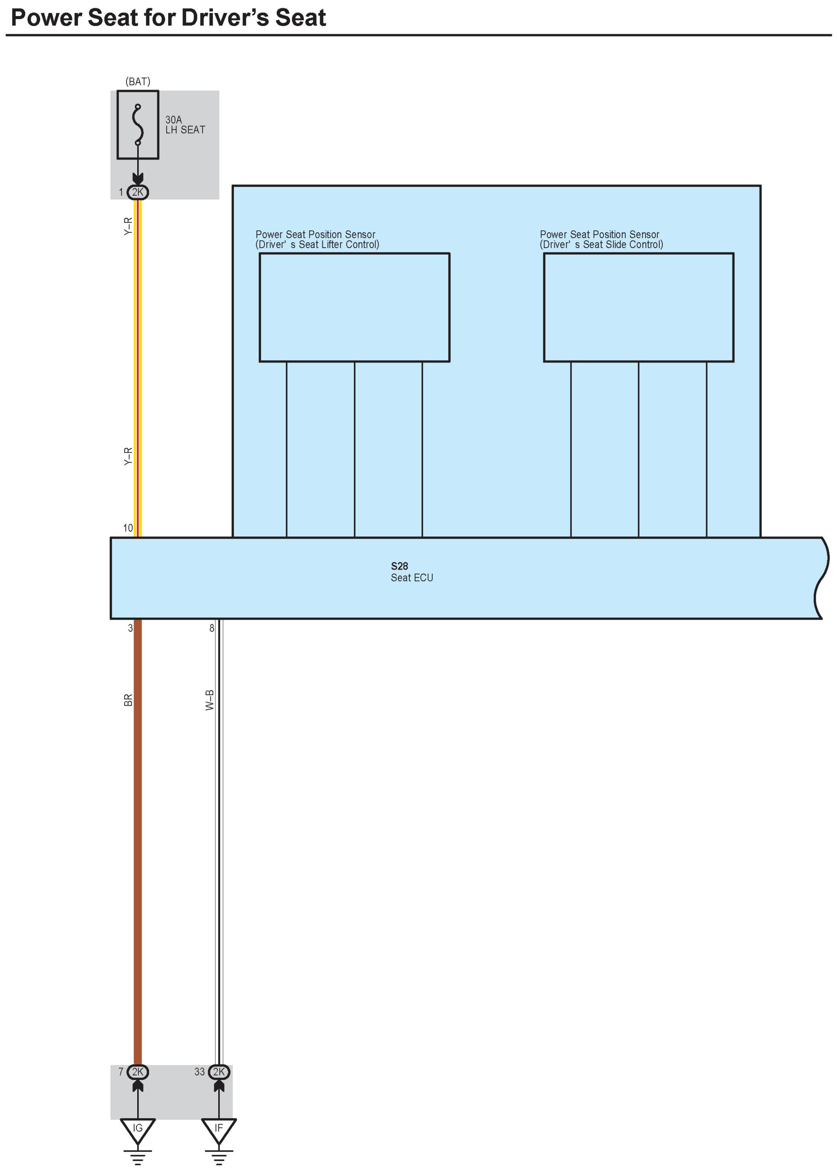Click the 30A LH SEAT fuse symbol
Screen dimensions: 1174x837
[138, 125]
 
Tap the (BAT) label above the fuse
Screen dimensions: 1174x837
[138, 81]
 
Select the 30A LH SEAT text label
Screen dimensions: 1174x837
[184, 125]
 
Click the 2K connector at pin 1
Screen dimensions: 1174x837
[138, 192]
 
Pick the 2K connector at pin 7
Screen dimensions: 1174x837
[138, 1072]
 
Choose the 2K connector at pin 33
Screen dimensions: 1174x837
[219, 1072]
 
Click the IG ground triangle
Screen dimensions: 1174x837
[138, 1129]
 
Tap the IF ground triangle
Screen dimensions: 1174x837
[219, 1129]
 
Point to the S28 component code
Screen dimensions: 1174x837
[399, 566]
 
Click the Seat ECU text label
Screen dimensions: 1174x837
[412, 578]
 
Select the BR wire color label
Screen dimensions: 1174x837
[128, 700]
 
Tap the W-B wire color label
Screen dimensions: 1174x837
[210, 700]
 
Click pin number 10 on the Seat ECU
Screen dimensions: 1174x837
[128, 528]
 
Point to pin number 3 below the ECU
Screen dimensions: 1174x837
[131, 628]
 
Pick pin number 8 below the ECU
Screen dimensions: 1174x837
[212, 628]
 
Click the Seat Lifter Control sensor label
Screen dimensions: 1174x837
[317, 240]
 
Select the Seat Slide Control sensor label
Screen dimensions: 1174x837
[601, 240]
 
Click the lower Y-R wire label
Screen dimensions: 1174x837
[128, 456]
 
